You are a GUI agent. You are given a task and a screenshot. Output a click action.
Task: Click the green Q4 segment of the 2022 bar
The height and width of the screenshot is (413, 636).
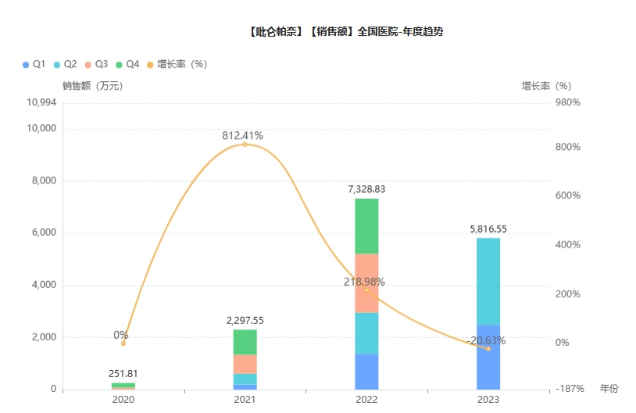tap(366, 226)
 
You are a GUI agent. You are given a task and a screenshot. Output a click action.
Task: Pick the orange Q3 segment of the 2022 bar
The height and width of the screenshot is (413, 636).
tap(366, 283)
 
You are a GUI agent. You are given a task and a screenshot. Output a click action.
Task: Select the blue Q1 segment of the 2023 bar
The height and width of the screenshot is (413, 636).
tap(488, 357)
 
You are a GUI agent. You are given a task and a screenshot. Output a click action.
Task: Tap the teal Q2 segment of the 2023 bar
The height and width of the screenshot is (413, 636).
tap(488, 281)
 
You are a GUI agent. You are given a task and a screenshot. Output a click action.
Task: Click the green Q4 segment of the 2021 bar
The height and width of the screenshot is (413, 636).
tap(245, 342)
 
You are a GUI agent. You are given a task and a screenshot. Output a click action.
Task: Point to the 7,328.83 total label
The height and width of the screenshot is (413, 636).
tap(366, 189)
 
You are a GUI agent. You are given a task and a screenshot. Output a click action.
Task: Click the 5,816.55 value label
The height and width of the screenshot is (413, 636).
tap(488, 229)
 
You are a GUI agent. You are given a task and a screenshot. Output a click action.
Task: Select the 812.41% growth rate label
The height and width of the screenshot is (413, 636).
tap(243, 135)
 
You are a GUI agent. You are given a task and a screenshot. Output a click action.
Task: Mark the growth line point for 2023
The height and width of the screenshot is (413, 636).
tap(488, 348)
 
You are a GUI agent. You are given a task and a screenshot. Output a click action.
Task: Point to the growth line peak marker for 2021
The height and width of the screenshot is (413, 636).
tap(245, 144)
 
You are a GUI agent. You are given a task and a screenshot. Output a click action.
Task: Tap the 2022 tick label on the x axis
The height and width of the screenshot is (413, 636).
tap(366, 400)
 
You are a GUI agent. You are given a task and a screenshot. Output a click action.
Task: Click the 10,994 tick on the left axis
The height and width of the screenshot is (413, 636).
tap(41, 102)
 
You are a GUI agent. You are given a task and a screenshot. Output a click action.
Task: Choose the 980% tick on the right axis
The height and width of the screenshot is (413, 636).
tap(567, 102)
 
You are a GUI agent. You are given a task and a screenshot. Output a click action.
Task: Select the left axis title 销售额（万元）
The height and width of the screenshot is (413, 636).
tap(93, 86)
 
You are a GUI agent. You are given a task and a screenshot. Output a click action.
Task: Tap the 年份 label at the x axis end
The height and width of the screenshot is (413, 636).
tap(609, 388)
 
